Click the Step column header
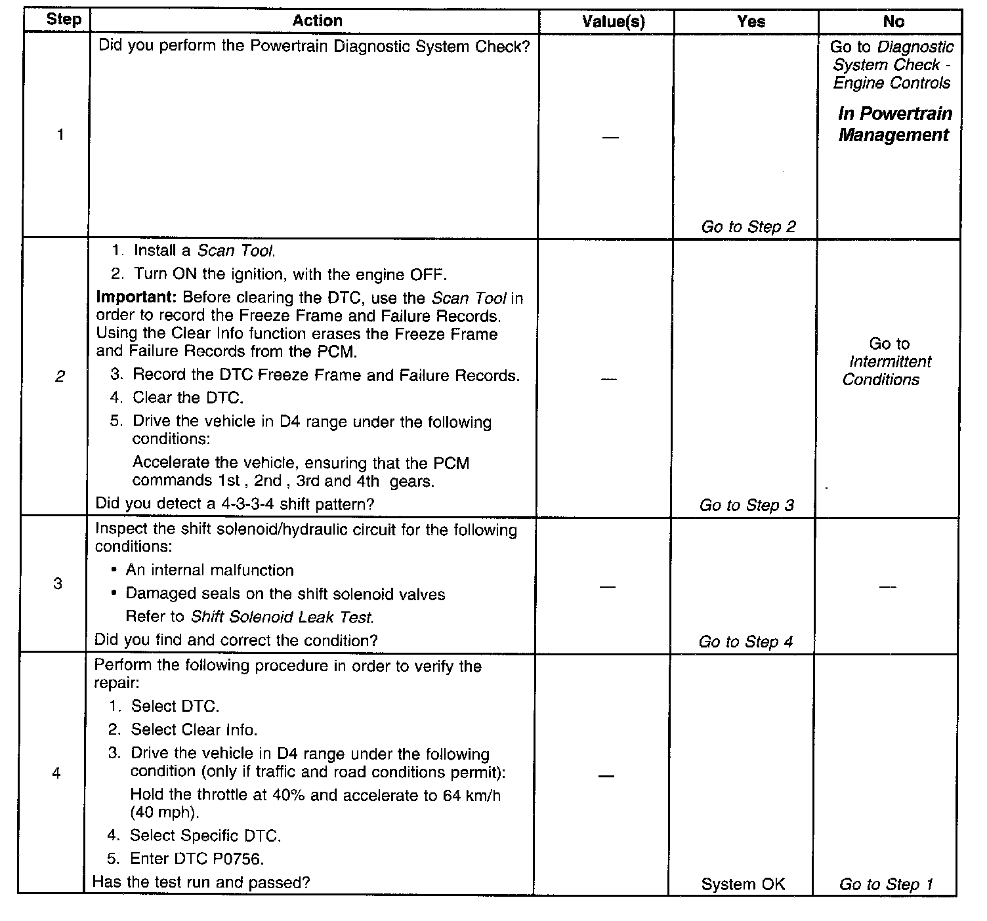[x=64, y=20]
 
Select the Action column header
[x=317, y=21]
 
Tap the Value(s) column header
[x=613, y=22]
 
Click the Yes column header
[x=751, y=22]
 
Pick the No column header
[x=893, y=22]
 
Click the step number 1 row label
[x=60, y=135]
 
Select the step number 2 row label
[x=60, y=377]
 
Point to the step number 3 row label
[x=58, y=583]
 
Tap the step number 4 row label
[x=56, y=773]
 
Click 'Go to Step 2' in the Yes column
[x=748, y=227]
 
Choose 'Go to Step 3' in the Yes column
[x=746, y=505]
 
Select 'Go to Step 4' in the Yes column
[x=745, y=642]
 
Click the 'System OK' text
[x=743, y=884]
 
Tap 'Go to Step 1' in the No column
[x=886, y=884]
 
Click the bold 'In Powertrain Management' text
[x=894, y=125]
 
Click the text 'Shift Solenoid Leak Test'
[x=282, y=617]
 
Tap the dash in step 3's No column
[x=887, y=586]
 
